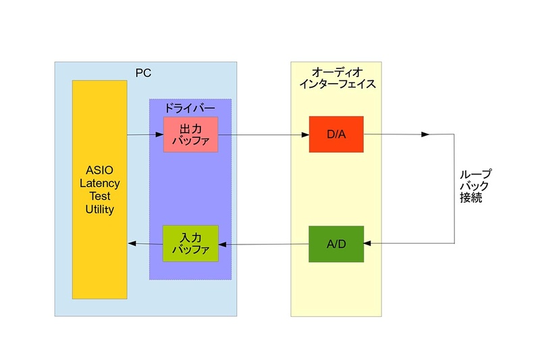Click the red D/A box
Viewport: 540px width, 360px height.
click(336, 134)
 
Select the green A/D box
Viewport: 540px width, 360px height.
click(336, 243)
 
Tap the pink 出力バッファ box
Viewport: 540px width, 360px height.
click(190, 134)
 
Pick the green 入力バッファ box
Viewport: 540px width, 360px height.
click(190, 243)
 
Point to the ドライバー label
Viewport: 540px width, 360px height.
click(190, 108)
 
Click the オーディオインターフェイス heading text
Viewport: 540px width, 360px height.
click(335, 78)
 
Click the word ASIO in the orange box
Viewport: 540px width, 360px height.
click(99, 170)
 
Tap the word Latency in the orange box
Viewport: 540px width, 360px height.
click(99, 183)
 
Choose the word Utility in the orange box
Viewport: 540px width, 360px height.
click(99, 209)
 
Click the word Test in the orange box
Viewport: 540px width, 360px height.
click(99, 197)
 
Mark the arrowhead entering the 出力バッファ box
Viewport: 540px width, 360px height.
click(159, 134)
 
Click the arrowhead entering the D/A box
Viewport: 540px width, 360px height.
click(305, 134)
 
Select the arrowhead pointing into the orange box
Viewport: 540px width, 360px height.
click(132, 243)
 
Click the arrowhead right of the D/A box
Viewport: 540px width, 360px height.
click(425, 134)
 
